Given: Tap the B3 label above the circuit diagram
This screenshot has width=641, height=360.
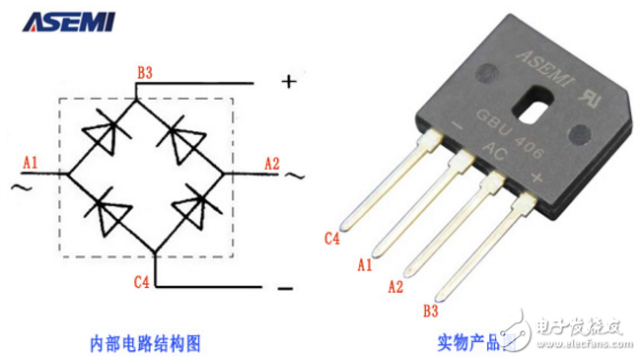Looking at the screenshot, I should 145,71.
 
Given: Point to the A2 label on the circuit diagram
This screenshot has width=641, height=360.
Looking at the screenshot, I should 271,161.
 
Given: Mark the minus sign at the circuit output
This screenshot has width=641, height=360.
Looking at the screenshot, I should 285,288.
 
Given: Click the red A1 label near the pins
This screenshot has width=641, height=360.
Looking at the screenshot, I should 363,265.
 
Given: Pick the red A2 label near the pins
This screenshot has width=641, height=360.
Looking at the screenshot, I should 395,287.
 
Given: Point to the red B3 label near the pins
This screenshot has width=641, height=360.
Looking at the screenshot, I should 430,313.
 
